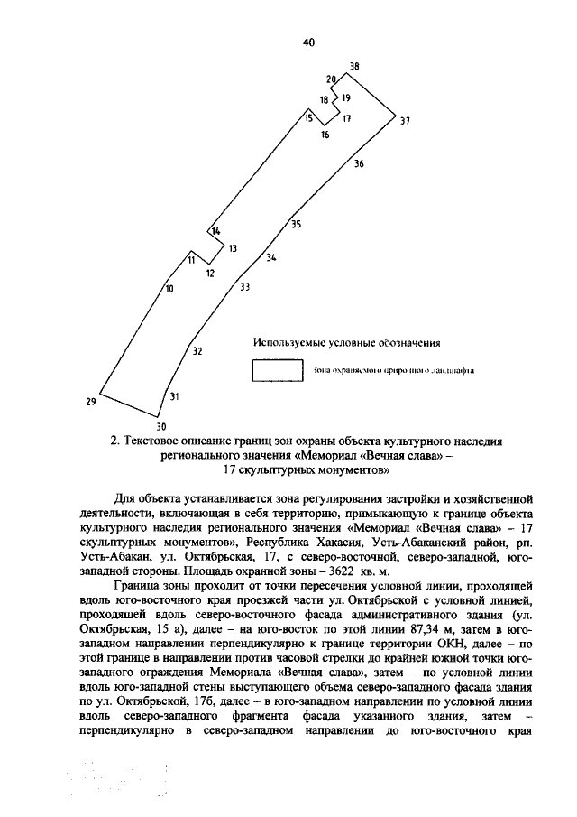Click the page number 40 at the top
pyautogui.click(x=308, y=42)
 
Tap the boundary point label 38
pyautogui.click(x=354, y=67)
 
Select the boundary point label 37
pyautogui.click(x=405, y=121)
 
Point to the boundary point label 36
pyautogui.click(x=359, y=164)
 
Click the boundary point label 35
pyautogui.click(x=297, y=225)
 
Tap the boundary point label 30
pyautogui.click(x=161, y=426)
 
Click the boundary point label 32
pyautogui.click(x=197, y=351)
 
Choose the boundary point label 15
pyautogui.click(x=308, y=118)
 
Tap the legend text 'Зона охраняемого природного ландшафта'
pyautogui.click(x=393, y=370)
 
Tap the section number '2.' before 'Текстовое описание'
pyautogui.click(x=114, y=441)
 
